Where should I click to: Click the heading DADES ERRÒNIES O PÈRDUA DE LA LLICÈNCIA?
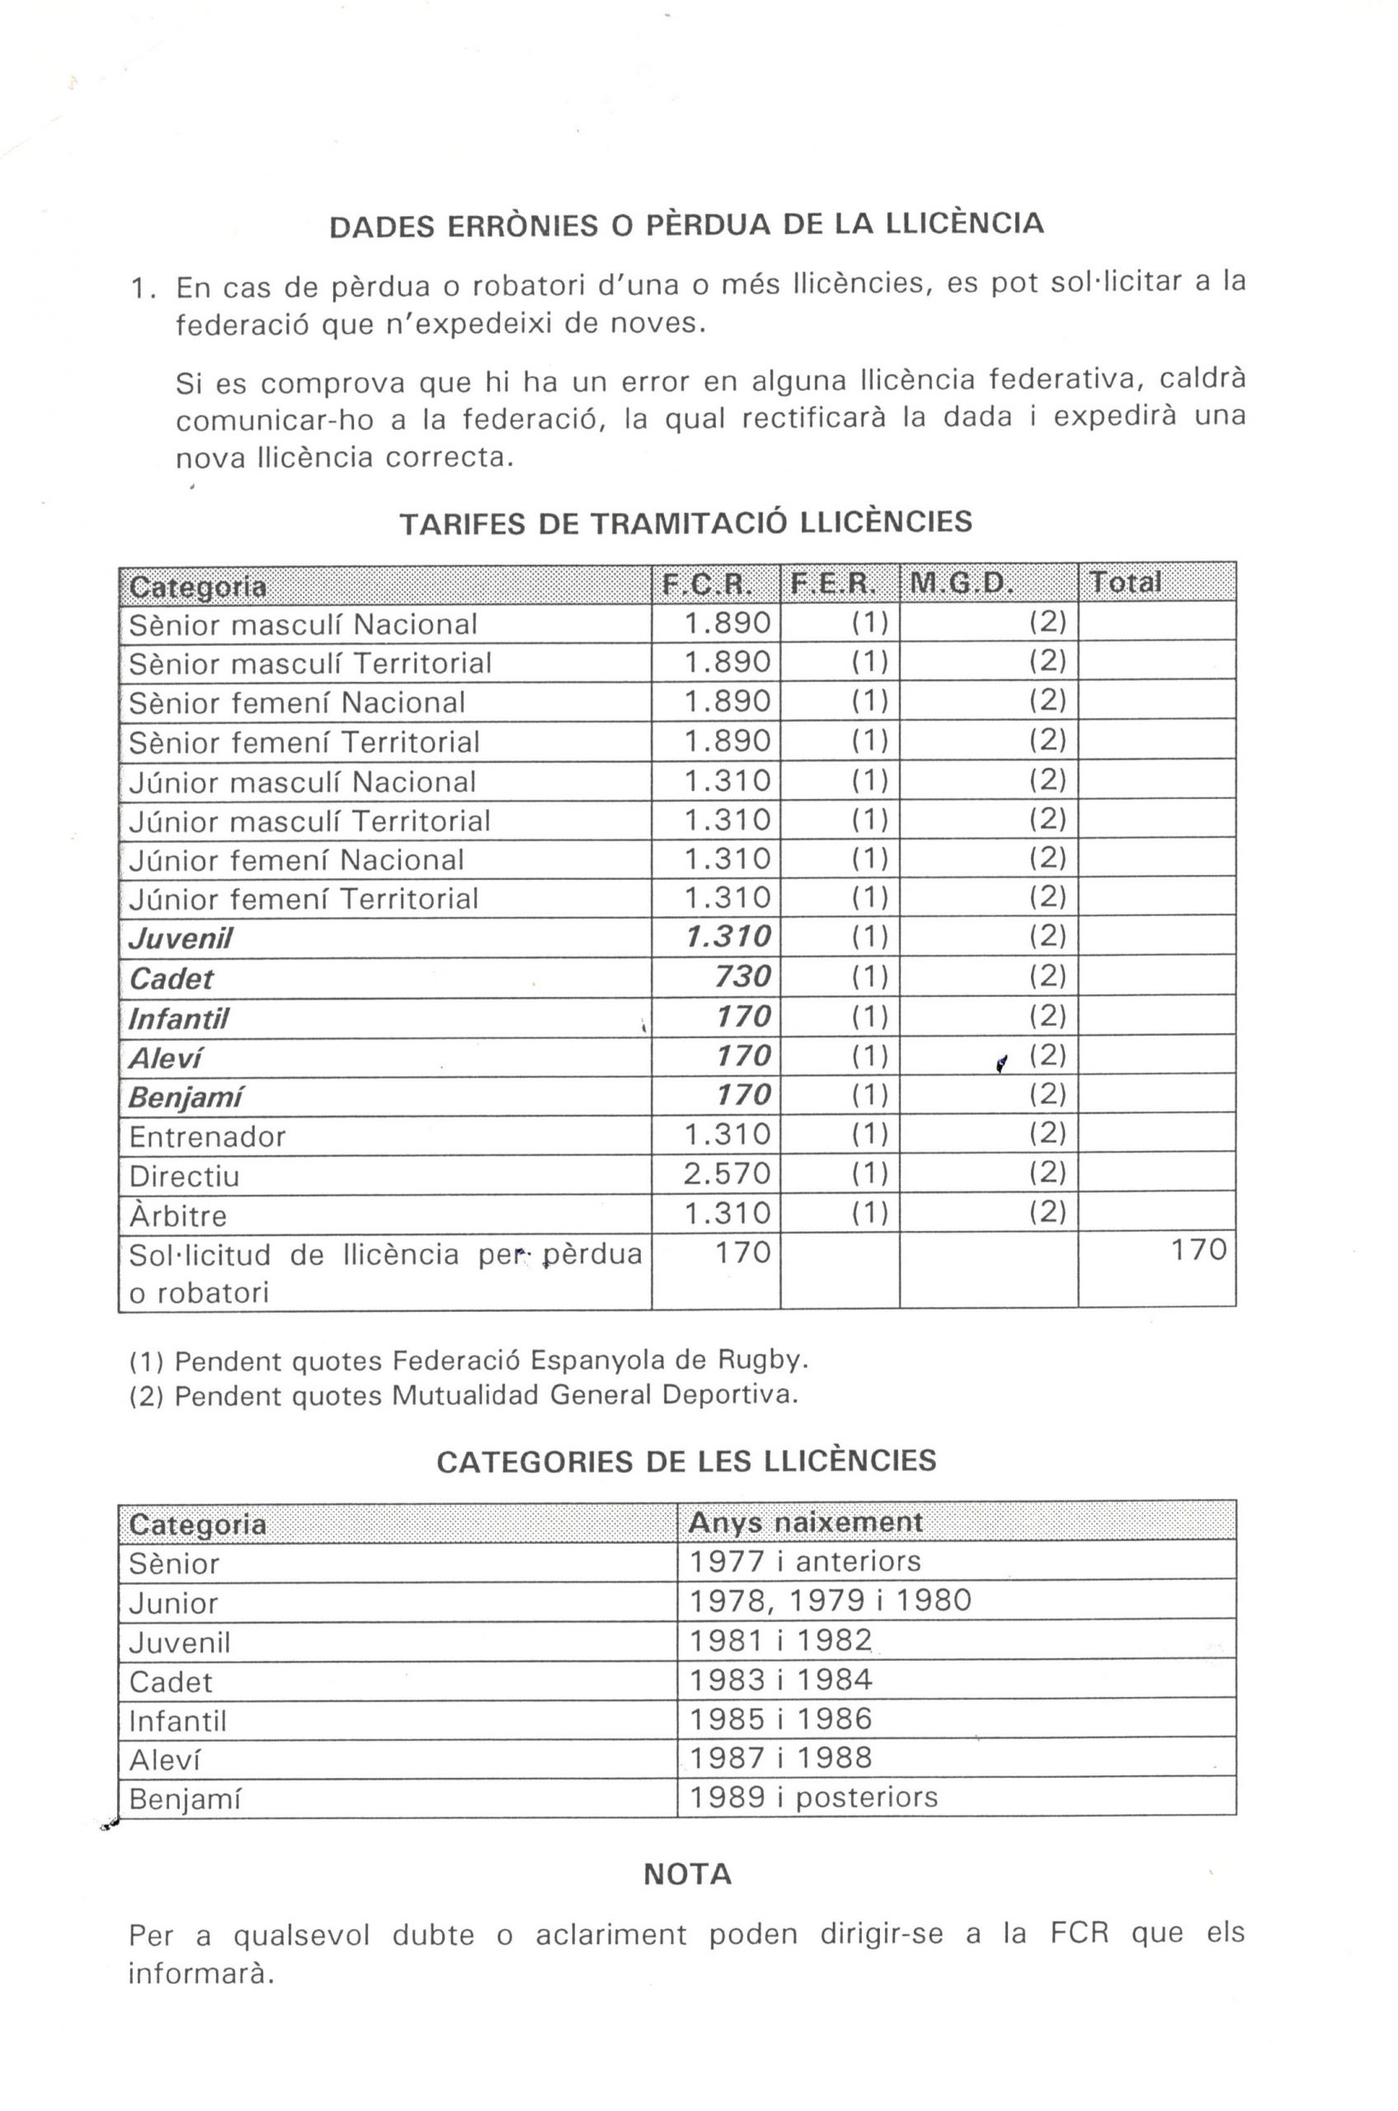coord(685,224)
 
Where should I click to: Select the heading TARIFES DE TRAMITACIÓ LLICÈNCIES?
coord(685,523)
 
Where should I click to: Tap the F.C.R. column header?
coord(715,585)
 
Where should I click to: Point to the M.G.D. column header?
coord(958,584)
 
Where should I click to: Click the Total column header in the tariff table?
coord(1125,583)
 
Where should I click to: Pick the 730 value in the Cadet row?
coord(742,977)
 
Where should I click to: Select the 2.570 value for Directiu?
coord(727,1173)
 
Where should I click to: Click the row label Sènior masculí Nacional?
coord(304,625)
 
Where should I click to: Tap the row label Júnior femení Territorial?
coord(304,899)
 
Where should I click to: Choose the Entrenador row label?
coord(207,1136)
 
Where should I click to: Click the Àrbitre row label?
coord(178,1215)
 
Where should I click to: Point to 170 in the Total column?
coord(1198,1250)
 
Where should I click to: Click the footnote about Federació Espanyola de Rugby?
coord(469,1361)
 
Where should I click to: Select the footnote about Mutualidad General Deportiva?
coord(464,1395)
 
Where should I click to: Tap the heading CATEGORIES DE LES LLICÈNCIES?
coord(685,1462)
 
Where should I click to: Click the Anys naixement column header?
coord(805,1521)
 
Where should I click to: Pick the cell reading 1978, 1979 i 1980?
coord(830,1601)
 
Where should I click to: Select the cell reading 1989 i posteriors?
coord(813,1796)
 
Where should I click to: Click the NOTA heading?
coord(687,1875)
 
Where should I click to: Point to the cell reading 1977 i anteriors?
coord(805,1561)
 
